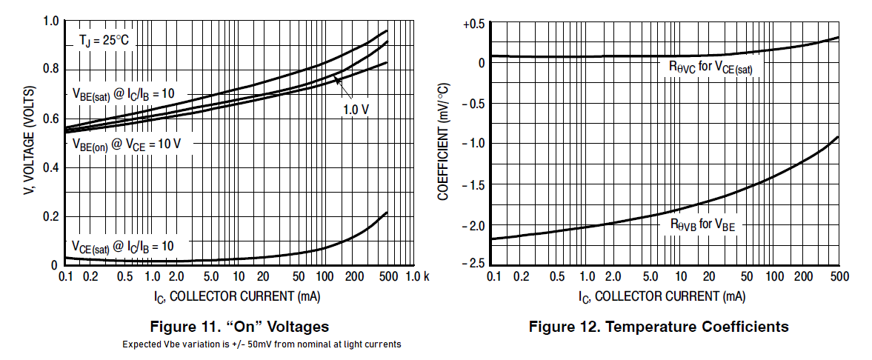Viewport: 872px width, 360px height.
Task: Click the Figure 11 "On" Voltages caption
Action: [x=239, y=327]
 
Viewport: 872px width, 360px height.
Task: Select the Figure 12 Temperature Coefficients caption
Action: [x=659, y=327]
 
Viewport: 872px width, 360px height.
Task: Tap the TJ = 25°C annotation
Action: [x=104, y=41]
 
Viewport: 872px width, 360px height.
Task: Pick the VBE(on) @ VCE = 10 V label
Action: [x=126, y=144]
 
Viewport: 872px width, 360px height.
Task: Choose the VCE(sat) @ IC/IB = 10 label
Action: [x=122, y=245]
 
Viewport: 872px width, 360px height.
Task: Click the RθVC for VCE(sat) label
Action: [x=710, y=67]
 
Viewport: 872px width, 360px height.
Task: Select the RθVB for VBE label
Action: [x=702, y=224]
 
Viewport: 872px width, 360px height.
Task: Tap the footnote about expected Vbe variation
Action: [x=262, y=344]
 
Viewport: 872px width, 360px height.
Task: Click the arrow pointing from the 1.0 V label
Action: [x=342, y=86]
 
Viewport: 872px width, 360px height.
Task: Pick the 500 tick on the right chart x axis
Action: [x=839, y=276]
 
